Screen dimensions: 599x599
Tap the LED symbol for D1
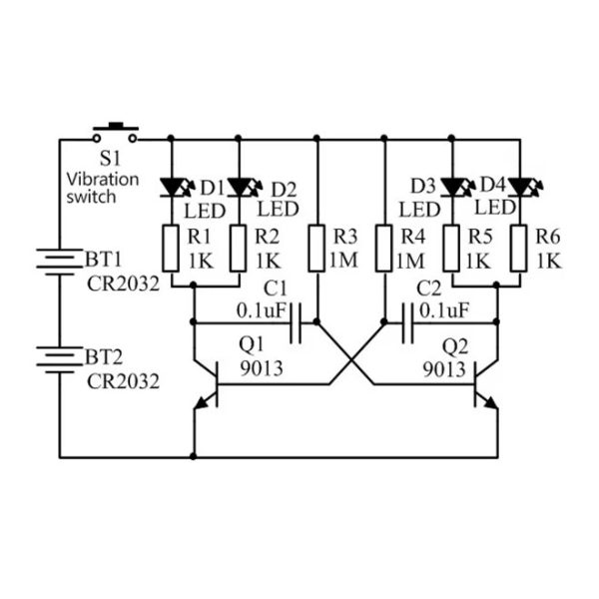point(173,187)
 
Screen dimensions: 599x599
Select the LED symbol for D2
point(240,187)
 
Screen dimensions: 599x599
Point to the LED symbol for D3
point(452,187)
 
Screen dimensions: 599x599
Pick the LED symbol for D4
point(518,187)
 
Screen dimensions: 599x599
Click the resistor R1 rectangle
point(173,247)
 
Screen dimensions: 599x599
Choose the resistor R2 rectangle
point(240,247)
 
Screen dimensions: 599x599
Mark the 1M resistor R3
point(316,247)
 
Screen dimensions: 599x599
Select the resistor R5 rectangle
point(452,247)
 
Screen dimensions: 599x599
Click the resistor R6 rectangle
point(518,247)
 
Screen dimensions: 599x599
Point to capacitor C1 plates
point(295,322)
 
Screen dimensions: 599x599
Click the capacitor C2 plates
point(406,322)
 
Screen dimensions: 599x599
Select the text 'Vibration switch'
point(105,188)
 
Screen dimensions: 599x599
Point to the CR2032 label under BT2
point(123,380)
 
